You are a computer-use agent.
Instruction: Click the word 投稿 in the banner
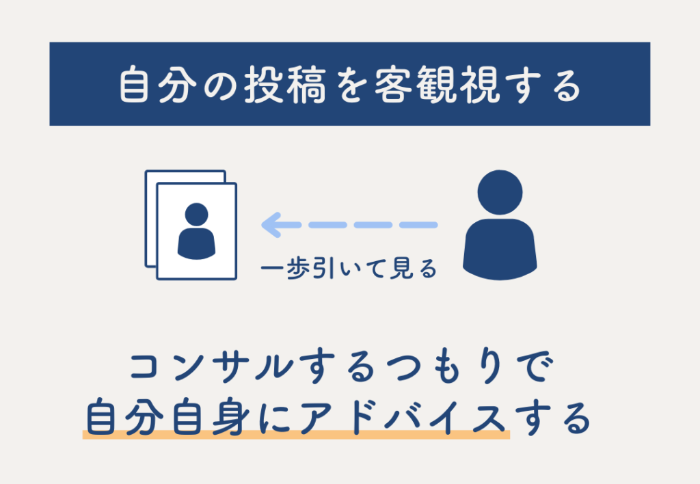[x=285, y=84]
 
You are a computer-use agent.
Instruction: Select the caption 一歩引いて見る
[x=349, y=269]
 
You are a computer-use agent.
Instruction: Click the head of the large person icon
[x=500, y=192]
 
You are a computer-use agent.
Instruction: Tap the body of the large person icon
[x=500, y=249]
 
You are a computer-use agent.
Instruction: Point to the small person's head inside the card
[x=196, y=215]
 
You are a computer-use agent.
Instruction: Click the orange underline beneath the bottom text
[x=297, y=435]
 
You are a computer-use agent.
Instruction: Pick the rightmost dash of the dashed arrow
[x=418, y=225]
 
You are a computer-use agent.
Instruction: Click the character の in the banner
[x=220, y=85]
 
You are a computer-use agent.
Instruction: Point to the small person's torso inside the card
[x=196, y=244]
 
